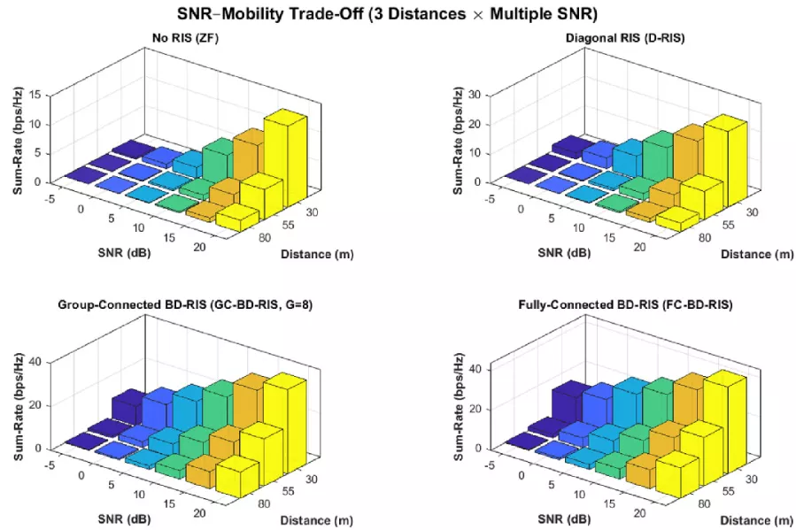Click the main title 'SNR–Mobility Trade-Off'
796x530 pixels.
(270, 13)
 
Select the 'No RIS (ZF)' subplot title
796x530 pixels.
(185, 38)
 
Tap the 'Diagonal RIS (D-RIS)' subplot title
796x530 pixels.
(625, 38)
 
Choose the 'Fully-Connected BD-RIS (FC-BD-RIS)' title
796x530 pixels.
(625, 304)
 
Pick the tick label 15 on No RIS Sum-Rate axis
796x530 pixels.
(35, 95)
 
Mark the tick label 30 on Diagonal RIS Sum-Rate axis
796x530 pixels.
(475, 95)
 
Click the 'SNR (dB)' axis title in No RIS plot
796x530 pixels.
(124, 252)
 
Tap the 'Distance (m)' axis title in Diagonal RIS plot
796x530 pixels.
(757, 254)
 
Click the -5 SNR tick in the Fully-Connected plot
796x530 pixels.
(490, 465)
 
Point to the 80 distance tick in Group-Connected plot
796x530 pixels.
(264, 504)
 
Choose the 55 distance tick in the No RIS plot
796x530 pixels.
(288, 225)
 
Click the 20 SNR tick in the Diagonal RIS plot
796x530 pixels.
(639, 247)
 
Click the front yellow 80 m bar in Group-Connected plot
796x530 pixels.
(237, 476)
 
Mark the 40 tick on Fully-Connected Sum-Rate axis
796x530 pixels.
(475, 369)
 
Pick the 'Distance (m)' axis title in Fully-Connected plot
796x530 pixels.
(756, 520)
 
